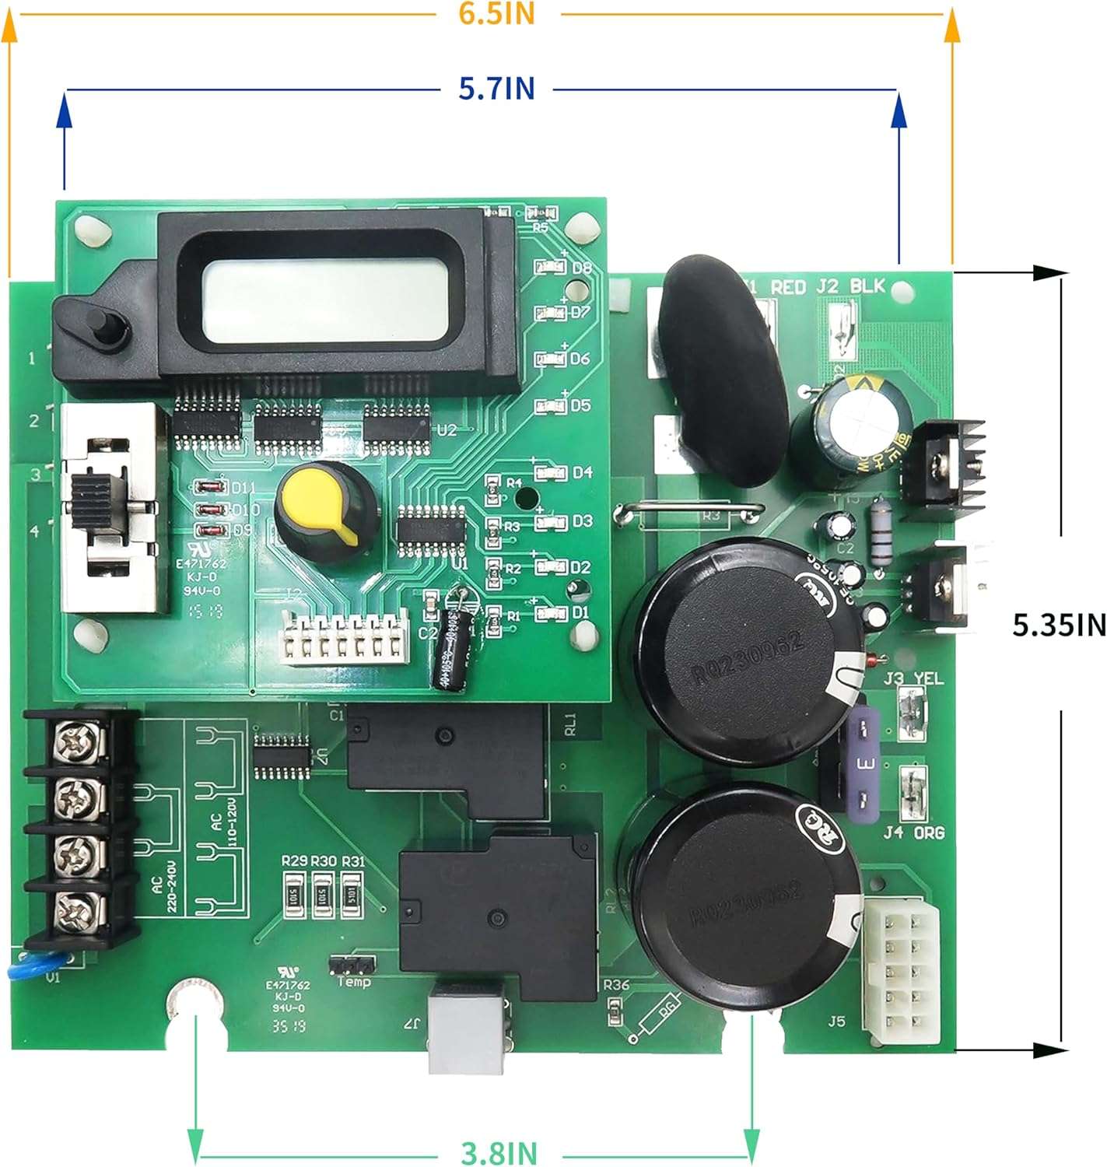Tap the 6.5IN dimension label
(x=496, y=13)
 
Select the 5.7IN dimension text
(x=496, y=89)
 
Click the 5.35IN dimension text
(x=1059, y=625)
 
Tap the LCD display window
(x=325, y=300)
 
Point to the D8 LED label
(x=581, y=268)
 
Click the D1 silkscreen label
(x=581, y=612)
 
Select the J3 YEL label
(x=913, y=679)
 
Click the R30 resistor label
(x=324, y=861)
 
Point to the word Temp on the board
(x=354, y=982)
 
